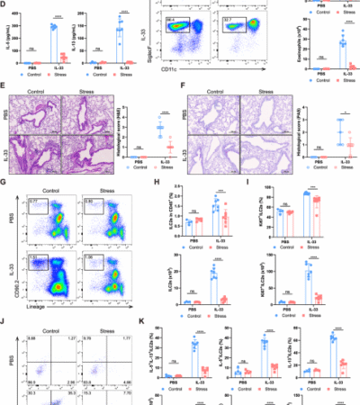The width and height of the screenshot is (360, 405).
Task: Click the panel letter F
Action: (x=184, y=89)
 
